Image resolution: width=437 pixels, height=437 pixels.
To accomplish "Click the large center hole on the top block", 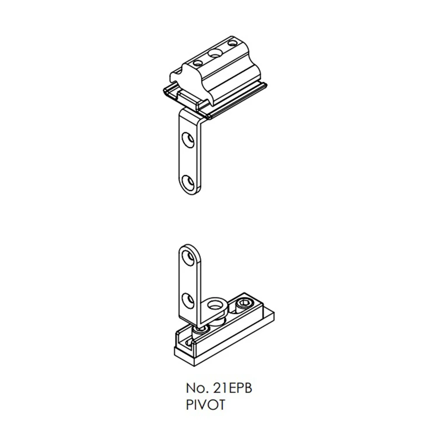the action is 215,52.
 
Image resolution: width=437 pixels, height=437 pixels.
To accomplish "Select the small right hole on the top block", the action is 232,43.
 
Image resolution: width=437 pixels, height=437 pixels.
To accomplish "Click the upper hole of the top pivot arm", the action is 188,140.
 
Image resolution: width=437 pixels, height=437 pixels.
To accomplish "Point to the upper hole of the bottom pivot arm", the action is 188,257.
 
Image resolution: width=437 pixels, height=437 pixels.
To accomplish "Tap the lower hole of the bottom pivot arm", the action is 188,301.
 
